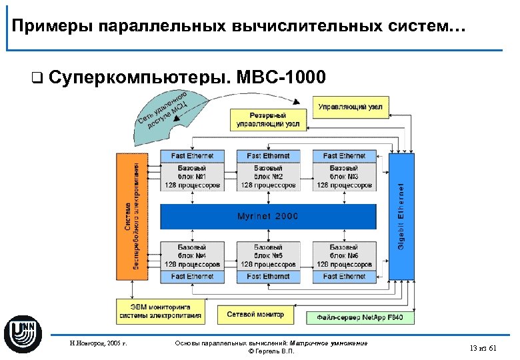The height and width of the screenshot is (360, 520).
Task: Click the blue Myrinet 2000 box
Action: [268, 217]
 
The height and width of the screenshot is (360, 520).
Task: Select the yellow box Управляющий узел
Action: [350, 107]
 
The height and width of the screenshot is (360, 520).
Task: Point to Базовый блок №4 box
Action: [192, 256]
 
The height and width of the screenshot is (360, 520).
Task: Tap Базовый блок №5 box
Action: [268, 256]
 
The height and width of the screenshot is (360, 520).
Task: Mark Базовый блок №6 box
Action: [344, 256]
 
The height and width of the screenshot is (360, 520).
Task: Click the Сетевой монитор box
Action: [255, 314]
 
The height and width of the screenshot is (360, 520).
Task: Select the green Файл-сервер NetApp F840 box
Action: [360, 318]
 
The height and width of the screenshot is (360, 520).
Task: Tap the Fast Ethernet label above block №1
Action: [192, 156]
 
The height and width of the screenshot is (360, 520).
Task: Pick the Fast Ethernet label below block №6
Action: [344, 276]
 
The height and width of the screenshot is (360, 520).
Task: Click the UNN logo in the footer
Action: [23, 333]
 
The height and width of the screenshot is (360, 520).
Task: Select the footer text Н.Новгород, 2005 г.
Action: [98, 344]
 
